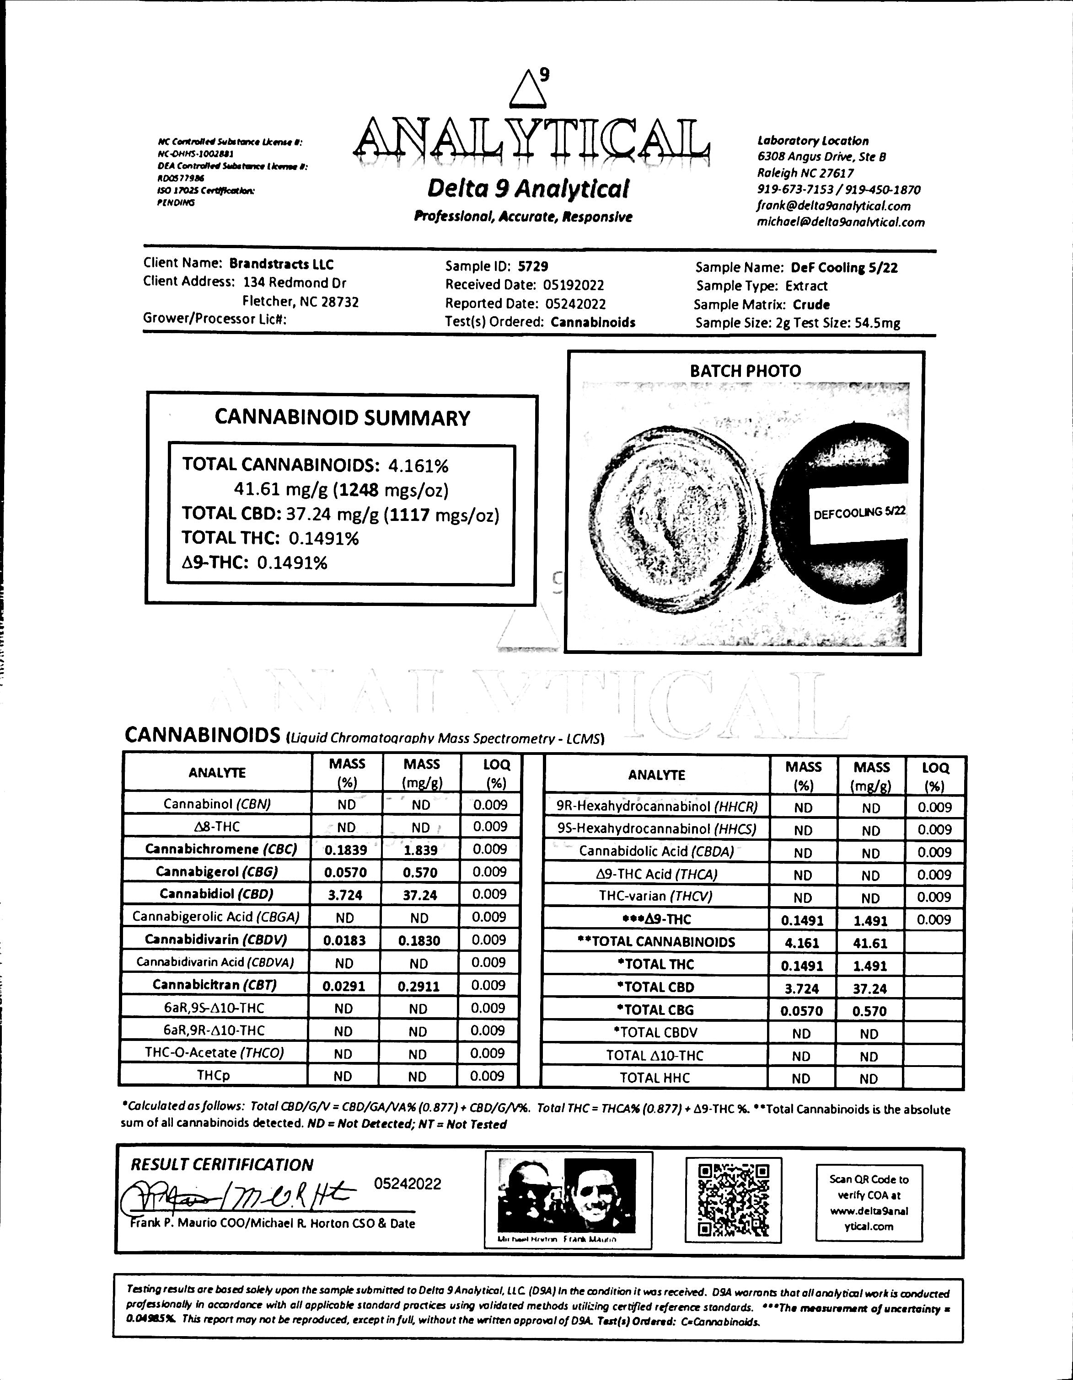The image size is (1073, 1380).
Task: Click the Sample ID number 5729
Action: click(532, 267)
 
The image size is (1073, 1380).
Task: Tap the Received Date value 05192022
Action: click(573, 285)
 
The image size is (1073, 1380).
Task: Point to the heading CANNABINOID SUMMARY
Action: click(342, 418)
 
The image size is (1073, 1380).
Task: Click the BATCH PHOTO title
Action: click(745, 371)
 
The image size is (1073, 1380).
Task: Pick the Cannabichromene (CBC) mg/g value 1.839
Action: click(420, 850)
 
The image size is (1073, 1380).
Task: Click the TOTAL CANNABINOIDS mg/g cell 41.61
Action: click(871, 943)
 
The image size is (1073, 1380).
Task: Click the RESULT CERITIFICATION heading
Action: click(221, 1164)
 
